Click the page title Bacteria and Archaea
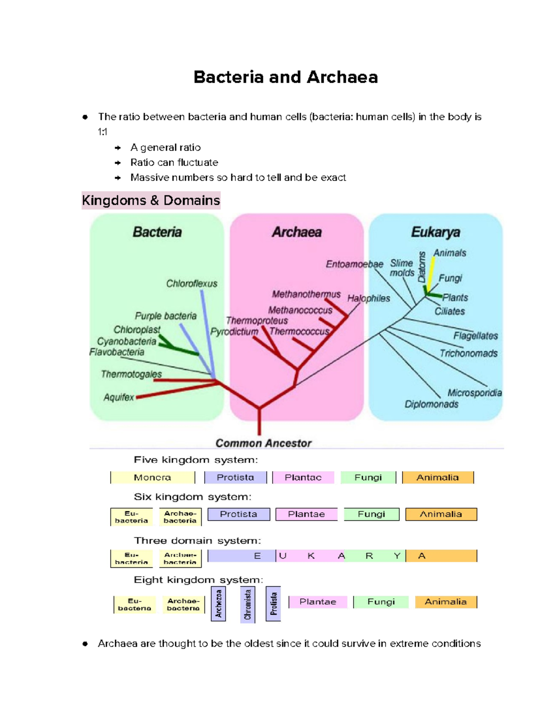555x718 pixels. pyautogui.click(x=285, y=77)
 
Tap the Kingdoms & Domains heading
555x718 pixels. pyautogui.click(x=151, y=201)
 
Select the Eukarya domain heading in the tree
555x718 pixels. pyautogui.click(x=435, y=232)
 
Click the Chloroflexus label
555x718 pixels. pyautogui.click(x=191, y=283)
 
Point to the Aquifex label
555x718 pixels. pyautogui.click(x=119, y=397)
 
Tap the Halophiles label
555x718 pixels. pyautogui.click(x=369, y=298)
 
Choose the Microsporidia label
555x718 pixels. pyautogui.click(x=474, y=393)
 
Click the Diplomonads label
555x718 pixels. pyautogui.click(x=432, y=404)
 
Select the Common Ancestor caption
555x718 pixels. pyautogui.click(x=263, y=443)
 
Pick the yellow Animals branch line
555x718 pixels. pyautogui.click(x=431, y=273)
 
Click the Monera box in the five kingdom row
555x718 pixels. pyautogui.click(x=153, y=478)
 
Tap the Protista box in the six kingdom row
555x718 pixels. pyautogui.click(x=239, y=514)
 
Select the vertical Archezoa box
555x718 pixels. pyautogui.click(x=218, y=604)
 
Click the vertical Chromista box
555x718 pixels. pyautogui.click(x=248, y=604)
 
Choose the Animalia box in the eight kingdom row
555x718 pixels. pyautogui.click(x=445, y=602)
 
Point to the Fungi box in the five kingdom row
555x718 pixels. pyautogui.click(x=368, y=478)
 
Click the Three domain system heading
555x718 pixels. pyautogui.click(x=197, y=540)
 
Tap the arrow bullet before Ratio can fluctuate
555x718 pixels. pyautogui.click(x=118, y=163)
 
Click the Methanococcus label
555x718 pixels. pyautogui.click(x=300, y=310)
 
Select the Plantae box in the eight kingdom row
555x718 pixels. pyautogui.click(x=318, y=602)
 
